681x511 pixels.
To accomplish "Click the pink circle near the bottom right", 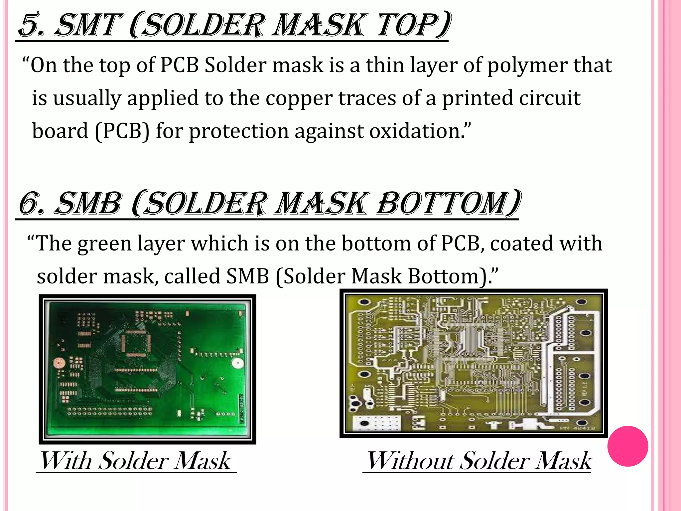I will (x=627, y=446).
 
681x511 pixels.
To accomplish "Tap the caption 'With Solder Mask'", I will (x=136, y=461).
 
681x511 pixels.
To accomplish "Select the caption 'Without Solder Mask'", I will (x=479, y=461).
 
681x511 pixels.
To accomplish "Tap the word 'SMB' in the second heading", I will (x=88, y=203).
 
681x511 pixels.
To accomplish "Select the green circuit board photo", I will (x=147, y=369).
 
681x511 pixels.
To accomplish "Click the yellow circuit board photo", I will (x=474, y=363).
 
